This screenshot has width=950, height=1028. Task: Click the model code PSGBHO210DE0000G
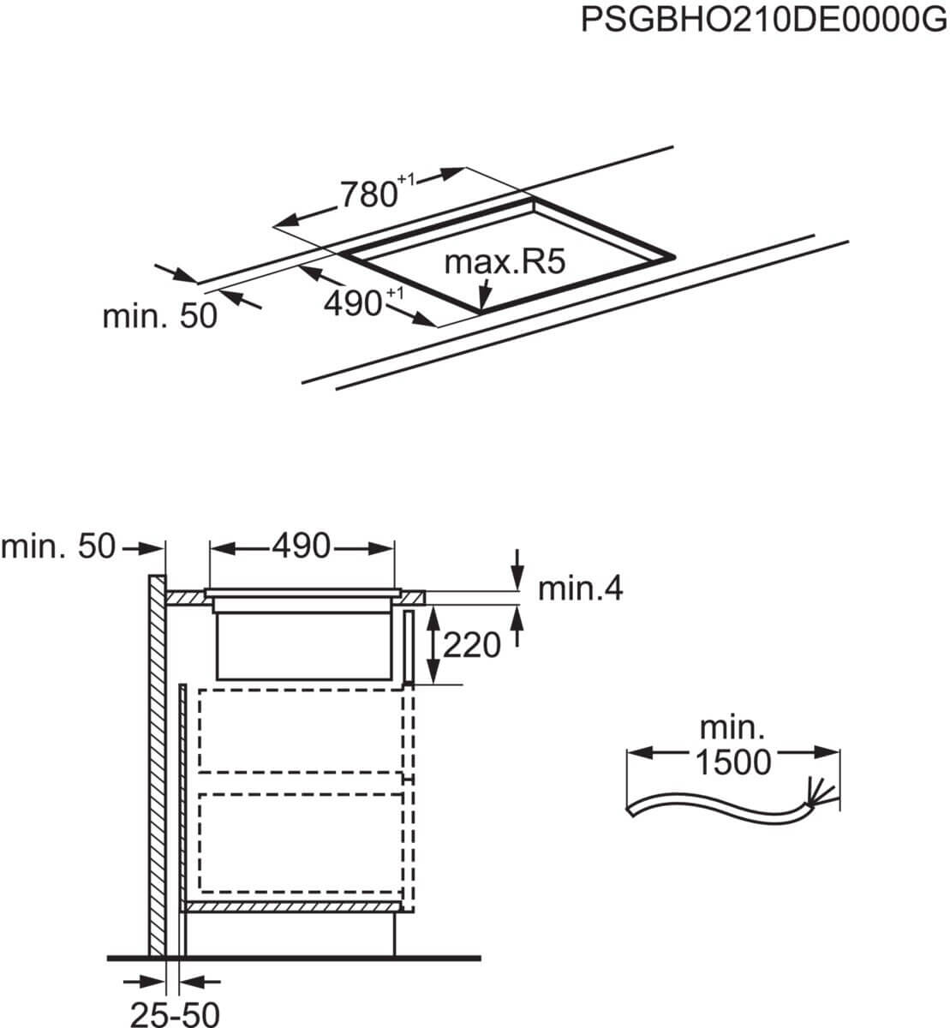point(763,20)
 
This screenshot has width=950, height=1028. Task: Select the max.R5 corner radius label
point(505,262)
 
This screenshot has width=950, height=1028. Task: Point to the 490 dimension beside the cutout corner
point(363,303)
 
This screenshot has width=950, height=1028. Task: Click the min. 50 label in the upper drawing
point(160,316)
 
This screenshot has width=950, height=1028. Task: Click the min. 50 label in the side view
point(58,547)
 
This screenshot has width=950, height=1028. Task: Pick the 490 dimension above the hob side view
point(302,546)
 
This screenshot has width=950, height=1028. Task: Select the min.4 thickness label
point(580,589)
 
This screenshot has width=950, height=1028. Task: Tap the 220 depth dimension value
point(472,645)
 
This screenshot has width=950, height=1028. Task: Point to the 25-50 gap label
point(175,1013)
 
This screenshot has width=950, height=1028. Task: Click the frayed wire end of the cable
point(821,798)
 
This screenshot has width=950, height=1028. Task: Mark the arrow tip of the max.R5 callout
point(482,309)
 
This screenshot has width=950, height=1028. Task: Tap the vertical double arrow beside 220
point(433,644)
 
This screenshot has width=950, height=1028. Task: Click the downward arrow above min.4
point(517,570)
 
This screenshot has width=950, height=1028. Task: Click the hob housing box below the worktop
point(304,646)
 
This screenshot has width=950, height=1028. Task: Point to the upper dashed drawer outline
point(301,731)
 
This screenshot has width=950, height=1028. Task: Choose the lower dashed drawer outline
point(301,843)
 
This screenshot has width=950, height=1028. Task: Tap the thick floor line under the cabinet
point(294,959)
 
